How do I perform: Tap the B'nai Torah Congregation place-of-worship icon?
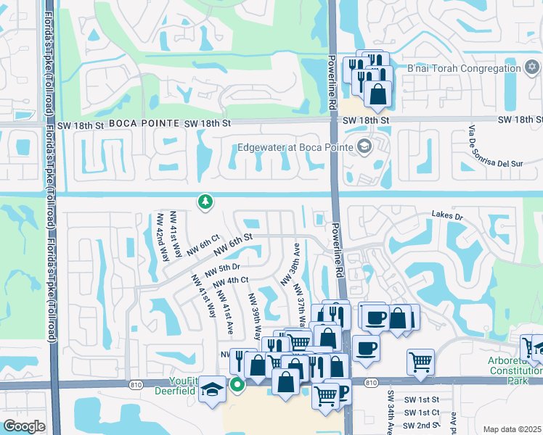531,68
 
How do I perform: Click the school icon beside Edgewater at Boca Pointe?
364,147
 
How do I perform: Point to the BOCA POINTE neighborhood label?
144,124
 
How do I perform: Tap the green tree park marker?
205,202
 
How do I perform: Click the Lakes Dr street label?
448,215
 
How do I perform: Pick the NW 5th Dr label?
222,270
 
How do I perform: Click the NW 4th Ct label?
232,280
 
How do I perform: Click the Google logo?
24,426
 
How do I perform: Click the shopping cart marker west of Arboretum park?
421,362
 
